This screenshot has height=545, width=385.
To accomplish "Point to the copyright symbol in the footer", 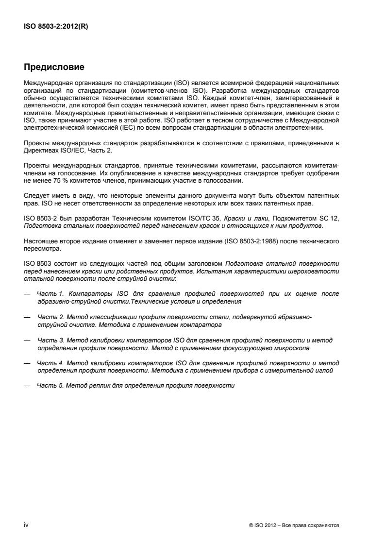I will coord(251,525).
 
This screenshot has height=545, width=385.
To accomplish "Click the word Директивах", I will coord(41,151).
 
